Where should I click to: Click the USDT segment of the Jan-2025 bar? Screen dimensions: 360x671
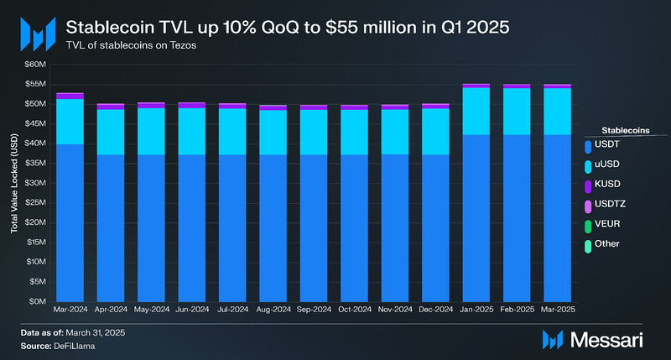[476, 217]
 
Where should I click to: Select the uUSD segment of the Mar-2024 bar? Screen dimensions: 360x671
[69, 121]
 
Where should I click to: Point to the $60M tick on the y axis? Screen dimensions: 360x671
[35, 65]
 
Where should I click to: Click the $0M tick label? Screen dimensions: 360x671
[38, 301]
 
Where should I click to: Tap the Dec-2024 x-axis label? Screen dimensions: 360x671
[434, 310]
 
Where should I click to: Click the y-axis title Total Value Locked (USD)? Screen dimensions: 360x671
[14, 183]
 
